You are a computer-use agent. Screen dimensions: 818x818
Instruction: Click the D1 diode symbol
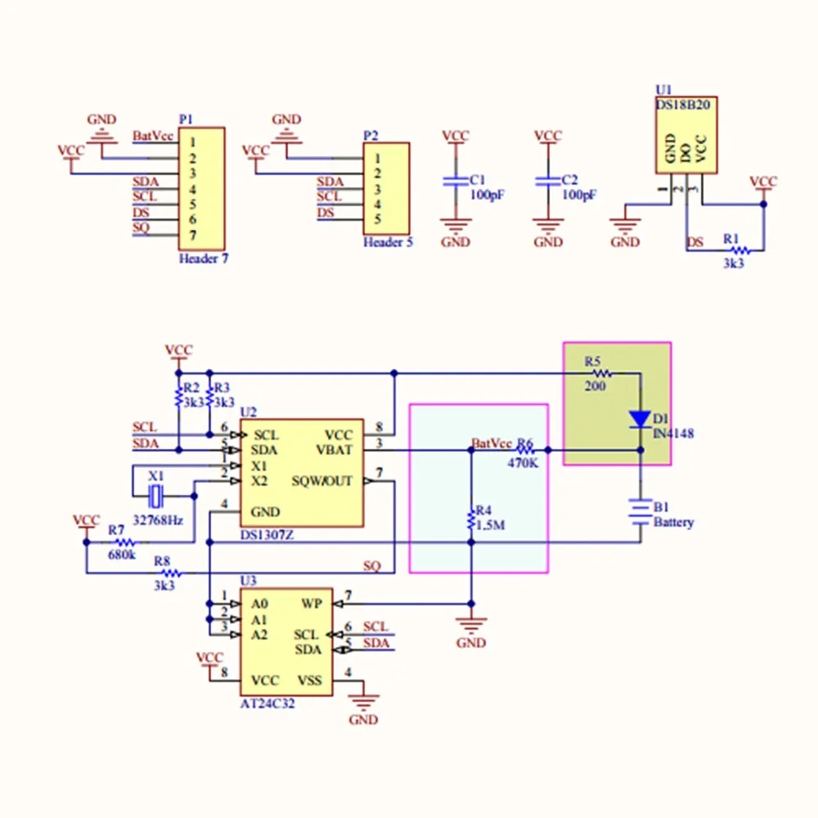[x=640, y=420]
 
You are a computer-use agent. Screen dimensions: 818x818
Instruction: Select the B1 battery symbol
[x=640, y=510]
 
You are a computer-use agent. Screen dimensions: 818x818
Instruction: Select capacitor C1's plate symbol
[x=454, y=182]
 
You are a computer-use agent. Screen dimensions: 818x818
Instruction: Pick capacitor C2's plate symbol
[x=547, y=182]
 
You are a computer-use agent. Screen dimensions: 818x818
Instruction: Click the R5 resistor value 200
[x=595, y=386]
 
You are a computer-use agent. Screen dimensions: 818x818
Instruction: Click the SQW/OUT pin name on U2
[x=322, y=481]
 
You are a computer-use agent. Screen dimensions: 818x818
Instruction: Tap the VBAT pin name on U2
[x=335, y=450]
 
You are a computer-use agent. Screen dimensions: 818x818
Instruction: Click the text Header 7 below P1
[x=204, y=258]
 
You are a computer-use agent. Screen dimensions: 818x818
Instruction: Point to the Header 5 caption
[x=388, y=242]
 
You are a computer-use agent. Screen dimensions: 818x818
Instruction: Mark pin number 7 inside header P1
[x=192, y=236]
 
